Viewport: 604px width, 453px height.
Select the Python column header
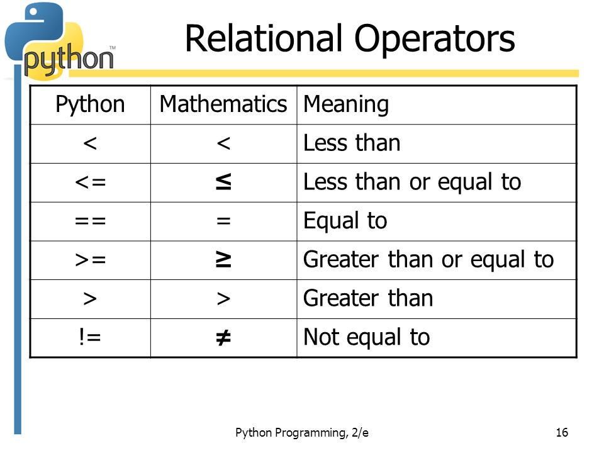click(90, 104)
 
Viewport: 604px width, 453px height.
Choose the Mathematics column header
click(223, 104)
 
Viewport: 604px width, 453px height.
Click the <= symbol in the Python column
click(90, 182)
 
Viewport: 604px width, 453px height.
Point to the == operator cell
click(90, 221)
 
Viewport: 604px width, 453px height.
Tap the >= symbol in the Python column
click(90, 260)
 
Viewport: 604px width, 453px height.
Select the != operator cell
click(90, 338)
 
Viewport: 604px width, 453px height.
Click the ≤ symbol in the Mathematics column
click(223, 182)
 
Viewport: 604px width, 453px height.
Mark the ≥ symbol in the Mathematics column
click(223, 260)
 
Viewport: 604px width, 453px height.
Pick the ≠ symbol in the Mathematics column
click(223, 338)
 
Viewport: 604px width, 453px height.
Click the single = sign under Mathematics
click(223, 221)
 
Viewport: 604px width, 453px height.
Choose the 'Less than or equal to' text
click(412, 182)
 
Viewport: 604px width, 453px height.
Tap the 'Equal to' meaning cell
click(345, 221)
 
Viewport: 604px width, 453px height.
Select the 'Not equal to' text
click(366, 338)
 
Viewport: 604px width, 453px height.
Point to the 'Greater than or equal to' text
click(428, 260)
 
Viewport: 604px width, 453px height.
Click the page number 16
click(562, 432)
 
